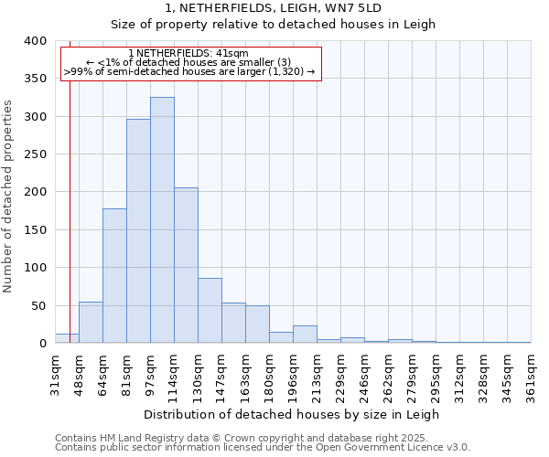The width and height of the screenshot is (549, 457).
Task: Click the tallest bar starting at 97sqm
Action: (x=162, y=220)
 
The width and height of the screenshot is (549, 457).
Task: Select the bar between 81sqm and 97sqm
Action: (x=138, y=231)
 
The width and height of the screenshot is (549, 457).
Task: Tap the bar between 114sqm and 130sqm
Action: (x=186, y=265)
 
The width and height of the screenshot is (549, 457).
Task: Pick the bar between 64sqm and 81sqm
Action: (x=114, y=276)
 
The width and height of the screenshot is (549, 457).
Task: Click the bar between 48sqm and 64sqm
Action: (x=91, y=323)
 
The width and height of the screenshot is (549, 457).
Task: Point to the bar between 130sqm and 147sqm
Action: (x=210, y=311)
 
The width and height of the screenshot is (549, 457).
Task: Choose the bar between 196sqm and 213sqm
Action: (x=305, y=335)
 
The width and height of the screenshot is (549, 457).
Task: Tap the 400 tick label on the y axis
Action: (x=35, y=41)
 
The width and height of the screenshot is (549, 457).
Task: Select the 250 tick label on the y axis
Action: (x=35, y=154)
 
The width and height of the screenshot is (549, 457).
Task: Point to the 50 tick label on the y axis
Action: (x=38, y=305)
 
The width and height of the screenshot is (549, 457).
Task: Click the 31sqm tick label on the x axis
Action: (x=56, y=374)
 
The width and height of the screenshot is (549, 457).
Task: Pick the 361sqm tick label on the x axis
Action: (x=532, y=374)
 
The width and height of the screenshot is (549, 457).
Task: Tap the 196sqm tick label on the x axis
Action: (x=294, y=374)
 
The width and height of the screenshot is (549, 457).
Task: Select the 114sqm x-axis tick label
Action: (x=175, y=374)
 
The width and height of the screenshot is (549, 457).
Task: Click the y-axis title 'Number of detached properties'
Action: (x=9, y=192)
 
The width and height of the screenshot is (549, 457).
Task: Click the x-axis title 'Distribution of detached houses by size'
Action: (x=292, y=414)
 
